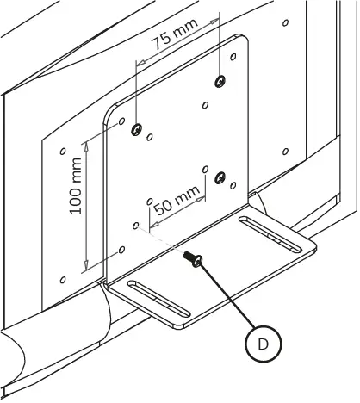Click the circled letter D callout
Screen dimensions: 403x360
(x=262, y=344)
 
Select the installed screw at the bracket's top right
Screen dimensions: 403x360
(x=221, y=80)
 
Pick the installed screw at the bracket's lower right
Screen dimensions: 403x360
(x=220, y=178)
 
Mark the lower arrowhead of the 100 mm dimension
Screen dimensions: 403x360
(x=86, y=269)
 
